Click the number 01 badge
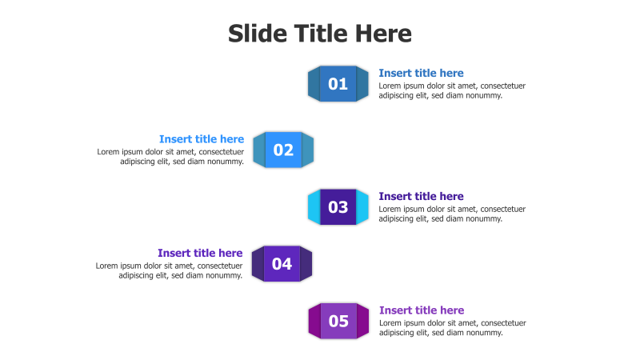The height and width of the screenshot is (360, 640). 338,84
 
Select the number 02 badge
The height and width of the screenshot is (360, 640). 283,150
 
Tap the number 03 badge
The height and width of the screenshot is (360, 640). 338,207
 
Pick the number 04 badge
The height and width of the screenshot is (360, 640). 282,264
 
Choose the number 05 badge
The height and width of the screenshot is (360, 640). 338,322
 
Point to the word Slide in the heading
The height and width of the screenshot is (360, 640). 254,34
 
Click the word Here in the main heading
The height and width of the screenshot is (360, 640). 382,34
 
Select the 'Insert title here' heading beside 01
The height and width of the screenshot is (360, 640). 421,73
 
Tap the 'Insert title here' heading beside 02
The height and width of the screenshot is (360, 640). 202,139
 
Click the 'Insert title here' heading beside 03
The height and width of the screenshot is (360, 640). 421,196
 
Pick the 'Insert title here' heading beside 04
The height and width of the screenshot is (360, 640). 200,253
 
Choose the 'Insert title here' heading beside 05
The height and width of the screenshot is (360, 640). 422,310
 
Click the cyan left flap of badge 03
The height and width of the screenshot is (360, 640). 314,207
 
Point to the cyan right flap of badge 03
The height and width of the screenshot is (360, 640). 362,207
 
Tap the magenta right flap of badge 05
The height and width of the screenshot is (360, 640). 362,322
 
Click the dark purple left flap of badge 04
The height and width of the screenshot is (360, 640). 258,264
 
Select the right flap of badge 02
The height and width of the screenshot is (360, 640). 308,150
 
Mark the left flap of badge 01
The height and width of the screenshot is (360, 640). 314,84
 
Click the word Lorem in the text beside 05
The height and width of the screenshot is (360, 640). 391,323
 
